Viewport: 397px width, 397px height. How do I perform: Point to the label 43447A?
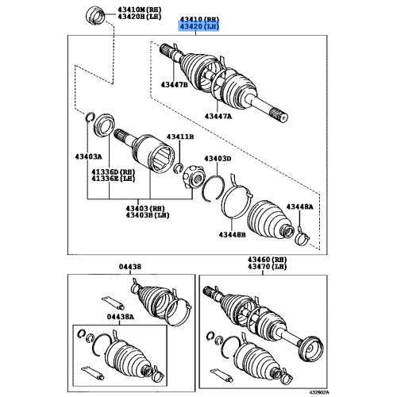coord(219,116)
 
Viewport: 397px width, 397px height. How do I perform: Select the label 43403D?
coord(216,159)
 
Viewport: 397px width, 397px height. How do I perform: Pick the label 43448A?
coord(300,206)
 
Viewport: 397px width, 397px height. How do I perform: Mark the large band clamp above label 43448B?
coord(236,199)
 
